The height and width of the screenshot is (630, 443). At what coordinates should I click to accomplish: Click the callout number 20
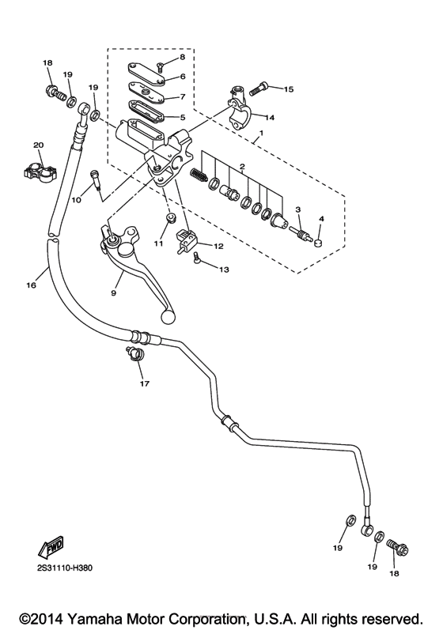pos(37,145)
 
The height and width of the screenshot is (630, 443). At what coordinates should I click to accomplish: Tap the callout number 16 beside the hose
pos(32,285)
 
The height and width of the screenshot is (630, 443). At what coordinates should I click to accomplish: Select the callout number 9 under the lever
pos(113,292)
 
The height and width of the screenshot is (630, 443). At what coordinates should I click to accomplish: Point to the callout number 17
pos(143,384)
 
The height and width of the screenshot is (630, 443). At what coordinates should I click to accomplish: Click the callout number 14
pos(270,117)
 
